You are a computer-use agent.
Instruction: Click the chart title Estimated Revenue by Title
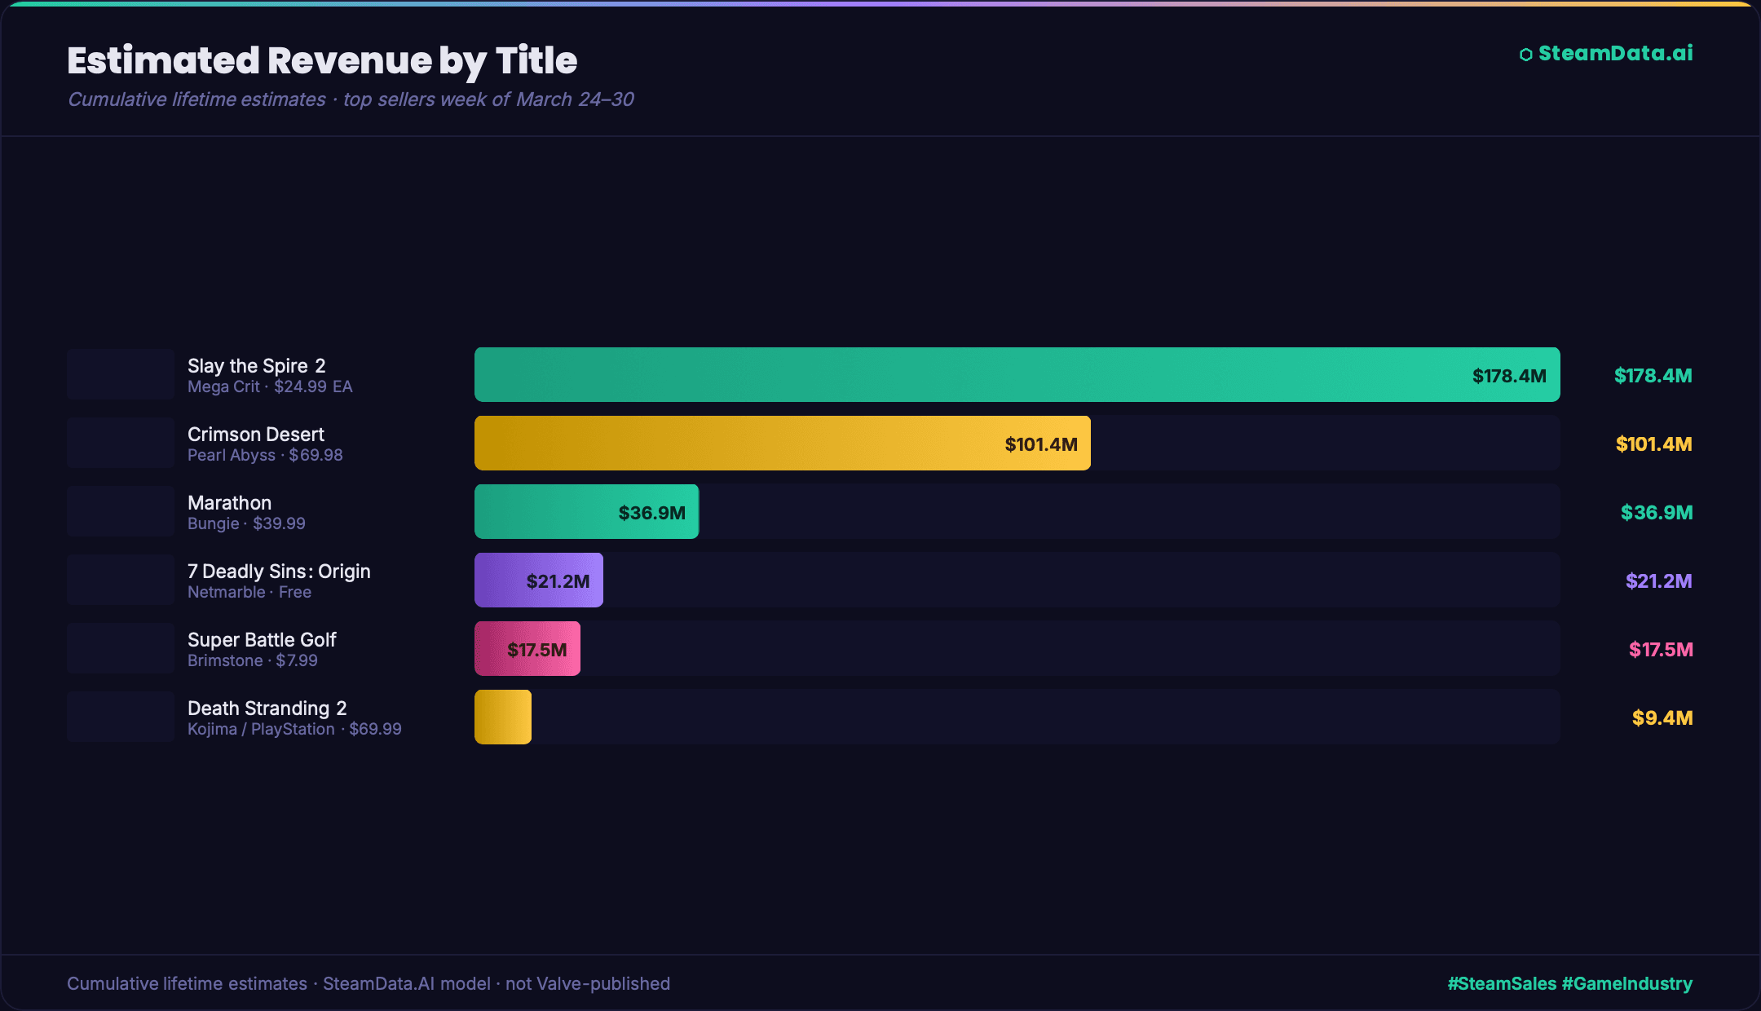pyautogui.click(x=322, y=61)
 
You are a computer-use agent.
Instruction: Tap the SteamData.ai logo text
pyautogui.click(x=1614, y=54)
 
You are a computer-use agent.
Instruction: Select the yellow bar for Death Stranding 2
pyautogui.click(x=503, y=717)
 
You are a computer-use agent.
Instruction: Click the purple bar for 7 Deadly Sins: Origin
pyautogui.click(x=539, y=581)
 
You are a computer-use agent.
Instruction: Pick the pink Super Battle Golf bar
pyautogui.click(x=527, y=649)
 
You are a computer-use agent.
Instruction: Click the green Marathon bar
pyautogui.click(x=586, y=512)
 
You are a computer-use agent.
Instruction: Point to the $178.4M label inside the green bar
pyautogui.click(x=1509, y=376)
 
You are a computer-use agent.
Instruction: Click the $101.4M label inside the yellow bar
pyautogui.click(x=1041, y=444)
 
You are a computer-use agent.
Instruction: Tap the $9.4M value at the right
pyautogui.click(x=1662, y=718)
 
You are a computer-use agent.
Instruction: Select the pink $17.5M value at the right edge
pyautogui.click(x=1661, y=650)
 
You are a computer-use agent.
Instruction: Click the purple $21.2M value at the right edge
pyautogui.click(x=1658, y=581)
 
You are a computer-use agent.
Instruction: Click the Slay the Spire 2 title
pyautogui.click(x=256, y=366)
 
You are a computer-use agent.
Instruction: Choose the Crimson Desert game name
pyautogui.click(x=255, y=435)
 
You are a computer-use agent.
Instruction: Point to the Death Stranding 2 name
pyautogui.click(x=267, y=709)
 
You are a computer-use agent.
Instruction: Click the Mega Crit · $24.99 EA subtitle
pyautogui.click(x=270, y=387)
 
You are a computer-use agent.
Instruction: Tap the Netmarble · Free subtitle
pyautogui.click(x=249, y=593)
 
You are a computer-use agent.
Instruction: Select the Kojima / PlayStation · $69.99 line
pyautogui.click(x=294, y=730)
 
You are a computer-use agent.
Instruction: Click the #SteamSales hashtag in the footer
pyautogui.click(x=1502, y=984)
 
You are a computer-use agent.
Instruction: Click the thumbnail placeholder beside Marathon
pyautogui.click(x=121, y=512)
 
